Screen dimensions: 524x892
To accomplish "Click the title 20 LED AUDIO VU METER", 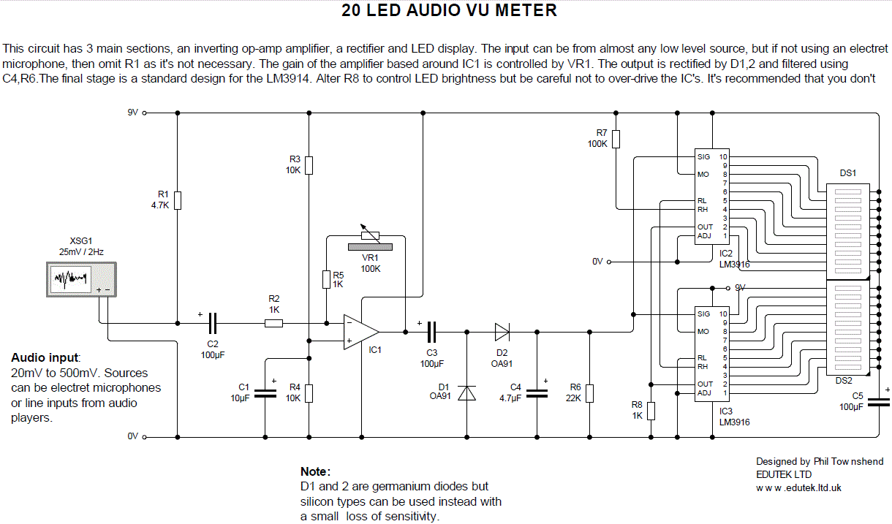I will pyautogui.click(x=449, y=10).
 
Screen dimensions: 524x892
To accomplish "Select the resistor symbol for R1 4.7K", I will pyautogui.click(x=177, y=200).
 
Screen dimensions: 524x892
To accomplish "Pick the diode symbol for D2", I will pyautogui.click(x=502, y=332).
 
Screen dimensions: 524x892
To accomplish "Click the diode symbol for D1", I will pyautogui.click(x=466, y=392).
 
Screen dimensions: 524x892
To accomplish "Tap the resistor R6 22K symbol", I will pyautogui.click(x=589, y=393).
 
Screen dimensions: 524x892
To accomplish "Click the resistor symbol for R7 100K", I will pyautogui.click(x=616, y=139).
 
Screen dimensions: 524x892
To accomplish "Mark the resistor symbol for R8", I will pyautogui.click(x=651, y=411).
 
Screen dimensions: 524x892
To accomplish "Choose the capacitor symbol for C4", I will pyautogui.click(x=537, y=392).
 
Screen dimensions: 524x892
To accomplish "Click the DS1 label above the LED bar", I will pyautogui.click(x=847, y=173).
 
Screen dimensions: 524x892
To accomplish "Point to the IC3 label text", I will pyautogui.click(x=727, y=412).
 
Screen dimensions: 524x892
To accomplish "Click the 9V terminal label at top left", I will pyautogui.click(x=132, y=113).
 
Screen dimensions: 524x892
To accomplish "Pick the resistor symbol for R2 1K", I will pyautogui.click(x=273, y=322).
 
